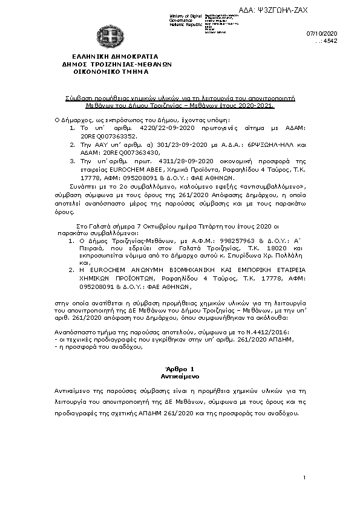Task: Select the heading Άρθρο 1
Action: tap(179, 369)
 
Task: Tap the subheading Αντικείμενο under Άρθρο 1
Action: tap(179, 376)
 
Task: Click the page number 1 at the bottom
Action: tap(305, 479)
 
